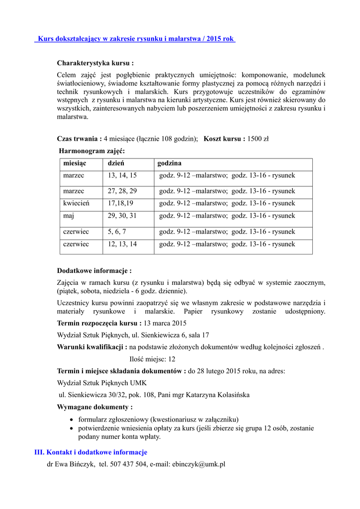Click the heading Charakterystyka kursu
pos(95,63)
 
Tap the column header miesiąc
pos(75,163)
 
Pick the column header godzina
pos(170,163)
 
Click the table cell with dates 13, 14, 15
pos(122,175)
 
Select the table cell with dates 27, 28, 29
pos(122,191)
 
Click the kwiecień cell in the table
pos(76,203)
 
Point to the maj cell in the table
pos(69,216)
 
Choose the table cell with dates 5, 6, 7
pos(117,232)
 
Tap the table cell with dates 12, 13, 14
pos(122,244)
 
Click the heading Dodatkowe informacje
pos(94,271)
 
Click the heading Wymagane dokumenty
pos(94,407)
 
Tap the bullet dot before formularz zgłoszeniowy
pos(73,420)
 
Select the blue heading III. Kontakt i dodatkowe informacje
pos(90,452)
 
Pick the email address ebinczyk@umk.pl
pos(198,464)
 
